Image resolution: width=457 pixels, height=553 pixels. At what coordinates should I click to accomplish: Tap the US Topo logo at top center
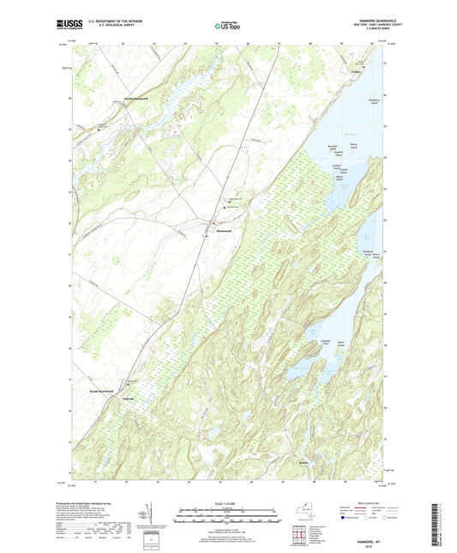[x=227, y=27]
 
